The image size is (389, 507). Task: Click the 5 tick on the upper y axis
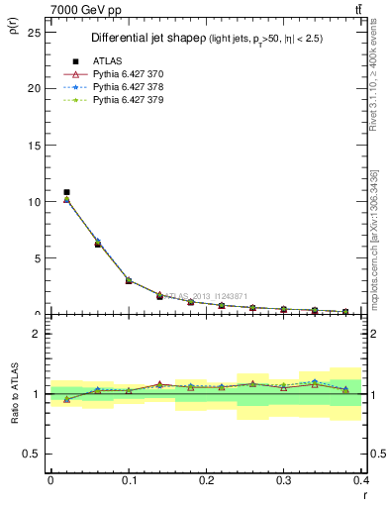pos(40,257)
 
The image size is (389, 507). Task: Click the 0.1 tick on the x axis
pos(129,480)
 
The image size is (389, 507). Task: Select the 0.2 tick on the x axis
pos(207,480)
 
